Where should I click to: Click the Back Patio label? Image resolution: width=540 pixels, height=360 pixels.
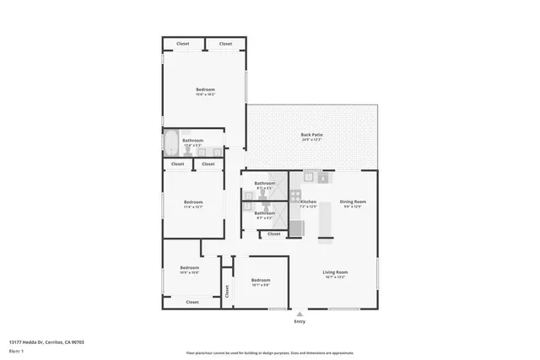[311, 135]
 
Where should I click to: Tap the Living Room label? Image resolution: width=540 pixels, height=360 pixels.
[335, 271]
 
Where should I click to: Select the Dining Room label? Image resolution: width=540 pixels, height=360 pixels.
[353, 201]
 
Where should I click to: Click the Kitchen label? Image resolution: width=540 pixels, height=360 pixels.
[308, 201]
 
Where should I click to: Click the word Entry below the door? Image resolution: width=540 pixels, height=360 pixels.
[299, 322]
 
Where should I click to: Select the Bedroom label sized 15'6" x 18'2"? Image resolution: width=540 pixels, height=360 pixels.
[205, 89]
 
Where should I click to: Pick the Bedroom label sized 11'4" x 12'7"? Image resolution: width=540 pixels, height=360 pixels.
[193, 201]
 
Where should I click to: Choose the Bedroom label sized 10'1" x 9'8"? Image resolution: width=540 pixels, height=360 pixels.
[261, 280]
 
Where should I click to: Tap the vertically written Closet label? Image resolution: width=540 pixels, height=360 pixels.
[227, 290]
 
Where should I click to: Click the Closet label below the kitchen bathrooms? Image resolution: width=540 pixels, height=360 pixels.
[273, 234]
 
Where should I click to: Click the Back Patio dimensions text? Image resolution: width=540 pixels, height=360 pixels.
[311, 140]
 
